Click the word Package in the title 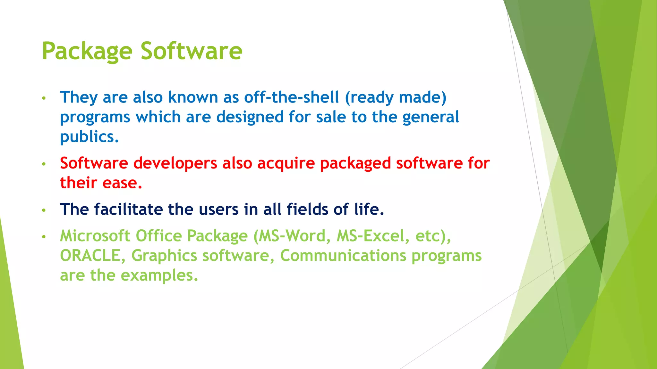tap(87, 51)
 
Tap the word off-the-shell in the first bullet tap(291, 97)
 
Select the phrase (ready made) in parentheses tap(396, 97)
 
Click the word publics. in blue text tap(90, 137)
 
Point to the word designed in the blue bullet tap(250, 117)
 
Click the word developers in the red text tap(175, 163)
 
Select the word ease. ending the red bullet tap(122, 183)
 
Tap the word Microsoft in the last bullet tap(95, 236)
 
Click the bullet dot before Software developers tap(44, 164)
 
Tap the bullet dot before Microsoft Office tap(44, 237)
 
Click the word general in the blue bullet tap(431, 117)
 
